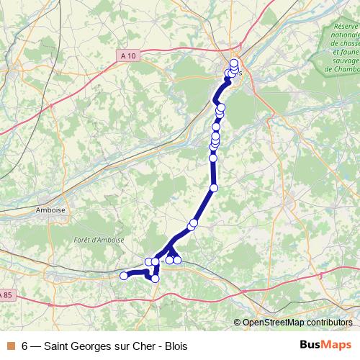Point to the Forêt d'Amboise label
point(99,239)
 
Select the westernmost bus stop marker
point(123,275)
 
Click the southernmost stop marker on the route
point(155,278)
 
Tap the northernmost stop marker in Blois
point(234,63)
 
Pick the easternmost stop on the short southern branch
point(177,260)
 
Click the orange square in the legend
point(10,346)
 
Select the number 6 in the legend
point(25,346)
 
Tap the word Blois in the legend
point(174,346)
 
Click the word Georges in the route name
point(96,346)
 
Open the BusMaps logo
point(325,346)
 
